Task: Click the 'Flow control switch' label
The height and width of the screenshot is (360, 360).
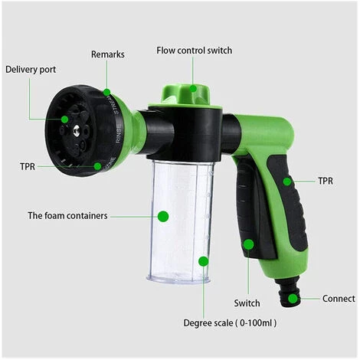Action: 195,51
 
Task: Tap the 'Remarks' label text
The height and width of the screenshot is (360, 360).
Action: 108,54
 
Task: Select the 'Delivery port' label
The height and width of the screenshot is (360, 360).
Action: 31,70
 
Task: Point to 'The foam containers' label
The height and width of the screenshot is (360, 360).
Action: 67,215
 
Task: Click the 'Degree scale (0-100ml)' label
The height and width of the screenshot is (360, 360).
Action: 230,323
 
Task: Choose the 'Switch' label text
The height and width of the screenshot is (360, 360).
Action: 247,303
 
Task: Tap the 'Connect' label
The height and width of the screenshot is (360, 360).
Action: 339,299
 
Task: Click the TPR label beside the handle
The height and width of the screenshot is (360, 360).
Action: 326,181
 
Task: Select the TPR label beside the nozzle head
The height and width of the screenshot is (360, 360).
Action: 28,166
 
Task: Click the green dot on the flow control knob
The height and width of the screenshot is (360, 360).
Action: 193,88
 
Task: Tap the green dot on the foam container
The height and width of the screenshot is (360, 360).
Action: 163,217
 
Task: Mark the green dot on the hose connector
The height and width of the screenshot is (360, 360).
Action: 293,299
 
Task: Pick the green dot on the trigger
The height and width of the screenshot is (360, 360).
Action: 248,244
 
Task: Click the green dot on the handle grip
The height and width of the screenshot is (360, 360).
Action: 287,182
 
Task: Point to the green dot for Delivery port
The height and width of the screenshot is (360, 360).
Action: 64,119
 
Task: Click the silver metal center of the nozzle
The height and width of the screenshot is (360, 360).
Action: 76,131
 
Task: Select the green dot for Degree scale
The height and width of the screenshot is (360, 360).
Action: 204,261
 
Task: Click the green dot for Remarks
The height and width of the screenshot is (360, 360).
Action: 106,92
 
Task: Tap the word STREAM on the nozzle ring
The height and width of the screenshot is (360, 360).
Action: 115,104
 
